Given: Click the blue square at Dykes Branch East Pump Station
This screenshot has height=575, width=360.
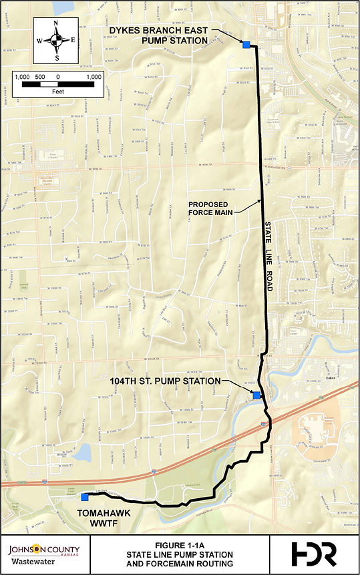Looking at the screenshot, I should (x=246, y=44).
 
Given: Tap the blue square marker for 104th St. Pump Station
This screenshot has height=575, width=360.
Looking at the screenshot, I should (x=256, y=395).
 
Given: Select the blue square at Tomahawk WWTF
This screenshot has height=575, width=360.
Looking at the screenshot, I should (x=84, y=497).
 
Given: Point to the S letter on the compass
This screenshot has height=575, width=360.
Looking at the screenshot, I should (x=57, y=57).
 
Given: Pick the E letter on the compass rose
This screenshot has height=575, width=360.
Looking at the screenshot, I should (x=73, y=41).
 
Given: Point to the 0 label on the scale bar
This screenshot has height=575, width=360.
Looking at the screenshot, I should (x=58, y=77).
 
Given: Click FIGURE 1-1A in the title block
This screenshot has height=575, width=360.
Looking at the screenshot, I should (x=180, y=545).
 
